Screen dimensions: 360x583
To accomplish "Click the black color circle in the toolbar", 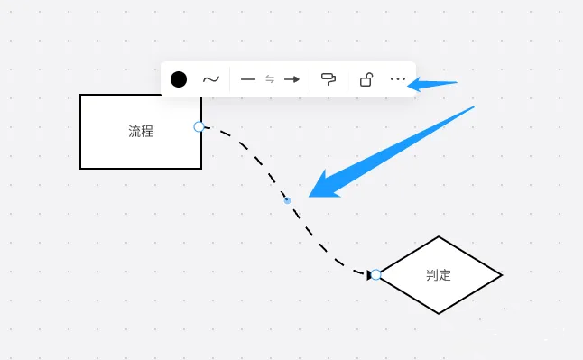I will (179, 79).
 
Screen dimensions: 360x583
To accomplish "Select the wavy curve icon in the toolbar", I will (210, 79).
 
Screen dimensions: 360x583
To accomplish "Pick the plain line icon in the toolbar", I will (248, 79).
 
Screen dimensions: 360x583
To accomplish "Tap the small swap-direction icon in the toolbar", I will (269, 79).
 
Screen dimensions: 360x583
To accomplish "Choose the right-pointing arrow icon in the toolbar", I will (291, 79).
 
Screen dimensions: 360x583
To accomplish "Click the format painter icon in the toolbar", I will (329, 79).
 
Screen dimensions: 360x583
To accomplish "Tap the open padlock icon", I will (366, 79).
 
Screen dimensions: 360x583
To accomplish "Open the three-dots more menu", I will (398, 79).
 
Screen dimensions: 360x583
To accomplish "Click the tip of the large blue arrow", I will (310, 195).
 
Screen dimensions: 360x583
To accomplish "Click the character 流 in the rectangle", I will (134, 132).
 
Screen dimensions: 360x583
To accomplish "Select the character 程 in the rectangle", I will (147, 132).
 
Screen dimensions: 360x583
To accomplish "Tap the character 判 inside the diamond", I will (432, 275).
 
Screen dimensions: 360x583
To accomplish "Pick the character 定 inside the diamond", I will (445, 275).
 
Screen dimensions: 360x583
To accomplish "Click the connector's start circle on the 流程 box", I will (199, 126).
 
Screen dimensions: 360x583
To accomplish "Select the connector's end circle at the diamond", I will (375, 274).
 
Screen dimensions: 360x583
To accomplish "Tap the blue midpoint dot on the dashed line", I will (287, 200).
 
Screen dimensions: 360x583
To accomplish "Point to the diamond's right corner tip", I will (501, 274).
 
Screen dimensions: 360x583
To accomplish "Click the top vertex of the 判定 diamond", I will (439, 237).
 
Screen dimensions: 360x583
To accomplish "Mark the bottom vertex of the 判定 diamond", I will (439, 313).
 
